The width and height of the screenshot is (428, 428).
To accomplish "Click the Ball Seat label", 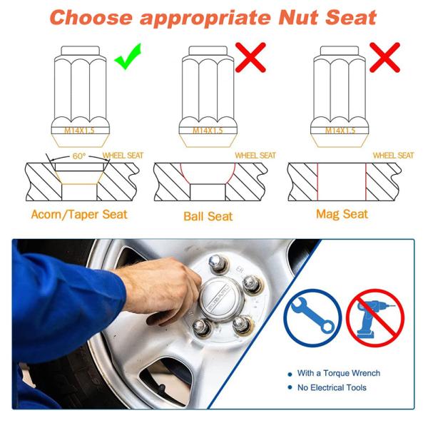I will tap(208, 215).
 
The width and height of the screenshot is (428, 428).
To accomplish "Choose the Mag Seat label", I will tap(342, 213).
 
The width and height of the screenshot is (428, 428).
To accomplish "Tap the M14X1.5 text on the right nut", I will tap(340, 130).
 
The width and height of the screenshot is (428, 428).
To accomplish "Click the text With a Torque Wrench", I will tap(338, 373).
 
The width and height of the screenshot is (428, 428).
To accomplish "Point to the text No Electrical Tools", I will tap(332, 387).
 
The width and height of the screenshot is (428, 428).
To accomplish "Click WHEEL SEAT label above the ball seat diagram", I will tap(255, 155).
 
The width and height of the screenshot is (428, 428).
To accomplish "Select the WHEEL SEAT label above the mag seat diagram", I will tap(393, 155).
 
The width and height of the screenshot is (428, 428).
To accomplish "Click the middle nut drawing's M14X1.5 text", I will tap(208, 130).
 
